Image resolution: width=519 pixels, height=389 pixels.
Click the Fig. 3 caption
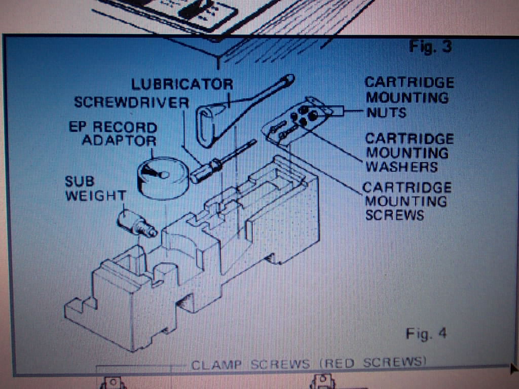coord(430,46)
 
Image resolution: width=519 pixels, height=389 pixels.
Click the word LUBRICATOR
coord(182,85)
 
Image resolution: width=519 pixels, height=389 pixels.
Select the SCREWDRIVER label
coord(132,102)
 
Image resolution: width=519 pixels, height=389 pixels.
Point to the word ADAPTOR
coord(119,141)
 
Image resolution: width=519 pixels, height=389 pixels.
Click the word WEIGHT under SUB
coord(96,196)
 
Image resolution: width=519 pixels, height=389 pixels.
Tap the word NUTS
coord(386,113)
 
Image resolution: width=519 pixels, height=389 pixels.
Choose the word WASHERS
coord(402,167)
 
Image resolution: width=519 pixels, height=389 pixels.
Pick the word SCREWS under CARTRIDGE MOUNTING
coord(394,215)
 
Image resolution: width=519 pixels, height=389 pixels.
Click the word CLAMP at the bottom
coord(216,365)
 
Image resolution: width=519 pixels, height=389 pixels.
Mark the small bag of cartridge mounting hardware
coord(297,121)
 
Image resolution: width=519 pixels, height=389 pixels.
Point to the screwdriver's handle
coord(205,171)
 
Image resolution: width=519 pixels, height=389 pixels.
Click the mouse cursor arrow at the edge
coord(515,368)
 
